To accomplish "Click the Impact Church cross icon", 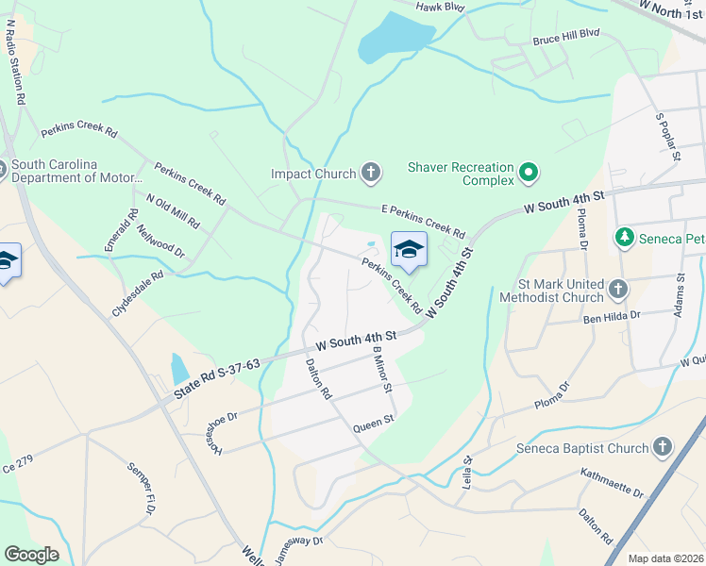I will pyautogui.click(x=371, y=173).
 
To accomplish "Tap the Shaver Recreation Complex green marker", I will pyautogui.click(x=529, y=174).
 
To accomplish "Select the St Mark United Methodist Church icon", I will pyautogui.click(x=618, y=288).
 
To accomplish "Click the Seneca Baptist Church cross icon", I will pyautogui.click(x=663, y=448).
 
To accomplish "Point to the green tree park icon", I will pyautogui.click(x=623, y=236).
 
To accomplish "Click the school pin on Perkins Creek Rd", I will pyautogui.click(x=409, y=249).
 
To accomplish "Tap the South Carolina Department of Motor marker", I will pyautogui.click(x=1, y=170).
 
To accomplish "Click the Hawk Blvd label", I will pyautogui.click(x=442, y=6).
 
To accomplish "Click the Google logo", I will pyautogui.click(x=31, y=555).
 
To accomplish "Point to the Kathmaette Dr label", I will pyautogui.click(x=611, y=482).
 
